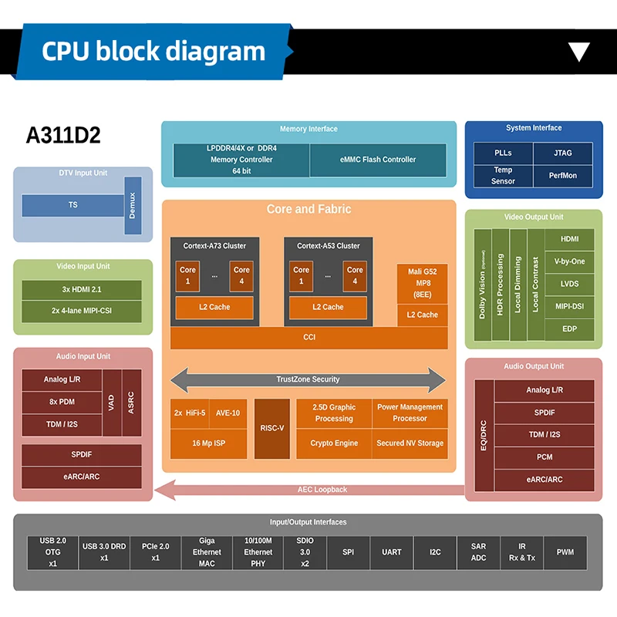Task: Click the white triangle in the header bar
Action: pos(578,52)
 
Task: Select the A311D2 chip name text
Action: pos(63,135)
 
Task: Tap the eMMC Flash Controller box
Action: pos(378,160)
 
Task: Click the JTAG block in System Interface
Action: pos(562,153)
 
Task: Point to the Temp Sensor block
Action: pos(503,176)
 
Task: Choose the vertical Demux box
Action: pos(132,205)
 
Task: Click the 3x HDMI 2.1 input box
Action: pos(82,289)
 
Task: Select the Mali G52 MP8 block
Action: pos(422,283)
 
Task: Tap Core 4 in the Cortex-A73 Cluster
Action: pos(241,276)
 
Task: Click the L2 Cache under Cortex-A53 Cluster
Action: pos(328,307)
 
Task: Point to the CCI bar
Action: pos(308,337)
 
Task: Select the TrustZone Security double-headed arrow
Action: pos(308,379)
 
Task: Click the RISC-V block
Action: pos(271,428)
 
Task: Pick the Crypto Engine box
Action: pos(334,443)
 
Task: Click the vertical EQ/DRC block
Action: pos(484,435)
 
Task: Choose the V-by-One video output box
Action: pos(569,261)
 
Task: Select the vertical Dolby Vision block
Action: pos(482,285)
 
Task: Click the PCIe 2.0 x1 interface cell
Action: pos(155,552)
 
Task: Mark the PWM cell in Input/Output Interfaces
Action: pos(565,552)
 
